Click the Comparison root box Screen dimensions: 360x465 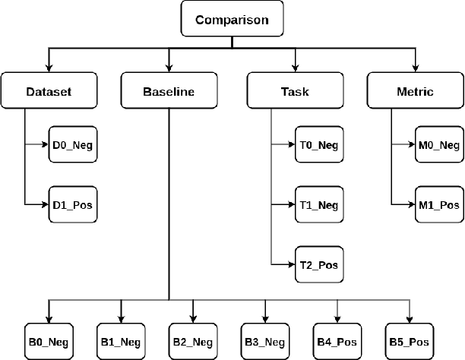pyautogui.click(x=232, y=19)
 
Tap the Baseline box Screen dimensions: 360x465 pyautogui.click(x=168, y=92)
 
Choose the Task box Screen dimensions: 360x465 pyautogui.click(x=294, y=92)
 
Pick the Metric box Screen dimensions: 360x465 pyautogui.click(x=415, y=92)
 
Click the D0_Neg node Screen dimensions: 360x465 pyautogui.click(x=74, y=144)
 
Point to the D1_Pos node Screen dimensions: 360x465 pyautogui.click(x=74, y=204)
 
